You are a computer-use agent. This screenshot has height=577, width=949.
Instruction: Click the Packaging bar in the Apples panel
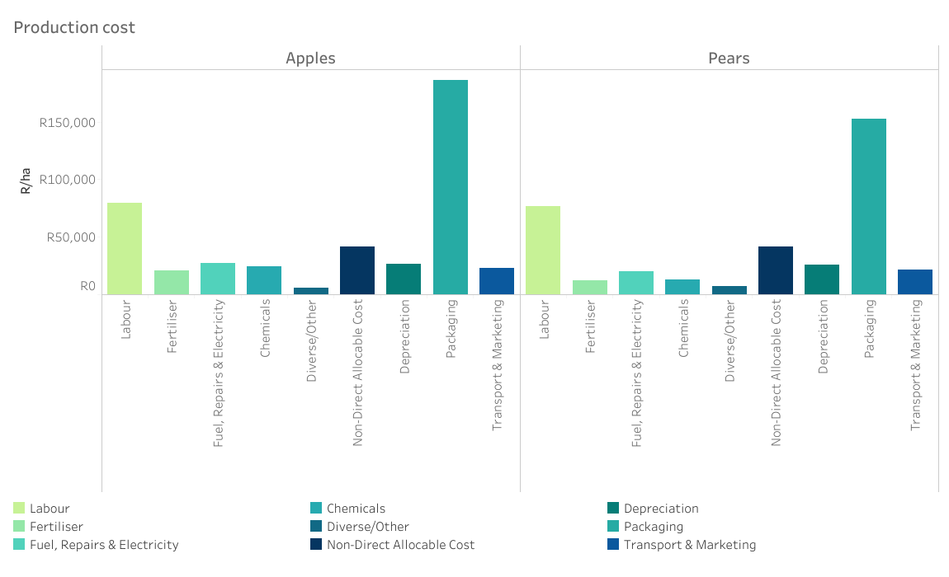(x=450, y=187)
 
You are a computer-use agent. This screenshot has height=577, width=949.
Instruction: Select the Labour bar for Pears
(x=543, y=250)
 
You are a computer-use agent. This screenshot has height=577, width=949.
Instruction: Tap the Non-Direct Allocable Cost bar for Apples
(x=357, y=270)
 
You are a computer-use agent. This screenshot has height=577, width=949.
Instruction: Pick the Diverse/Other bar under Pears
(x=729, y=290)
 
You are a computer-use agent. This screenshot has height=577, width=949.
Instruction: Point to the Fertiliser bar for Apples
(x=172, y=282)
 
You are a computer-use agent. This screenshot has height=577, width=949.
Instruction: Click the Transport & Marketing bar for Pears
(x=915, y=282)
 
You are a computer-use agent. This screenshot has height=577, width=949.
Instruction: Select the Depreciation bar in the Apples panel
(x=404, y=279)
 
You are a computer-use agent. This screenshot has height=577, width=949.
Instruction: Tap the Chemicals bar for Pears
(x=682, y=287)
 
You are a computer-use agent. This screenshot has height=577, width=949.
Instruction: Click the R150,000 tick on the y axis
(x=68, y=123)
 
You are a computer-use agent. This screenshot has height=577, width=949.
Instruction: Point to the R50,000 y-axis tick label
(x=70, y=237)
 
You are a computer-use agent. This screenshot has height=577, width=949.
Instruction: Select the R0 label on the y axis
(x=87, y=286)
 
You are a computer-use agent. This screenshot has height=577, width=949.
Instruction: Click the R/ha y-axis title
(x=26, y=181)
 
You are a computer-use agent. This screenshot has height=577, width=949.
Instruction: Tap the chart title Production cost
(x=74, y=27)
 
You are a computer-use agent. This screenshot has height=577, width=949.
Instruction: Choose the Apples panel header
(x=310, y=58)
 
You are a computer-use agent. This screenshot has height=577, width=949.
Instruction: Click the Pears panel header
(x=729, y=58)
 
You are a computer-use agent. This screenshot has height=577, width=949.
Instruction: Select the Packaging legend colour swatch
(x=613, y=527)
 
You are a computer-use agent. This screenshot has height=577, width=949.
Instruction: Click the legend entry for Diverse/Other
(x=367, y=527)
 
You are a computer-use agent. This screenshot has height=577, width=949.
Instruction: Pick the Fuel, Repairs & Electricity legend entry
(x=104, y=545)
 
